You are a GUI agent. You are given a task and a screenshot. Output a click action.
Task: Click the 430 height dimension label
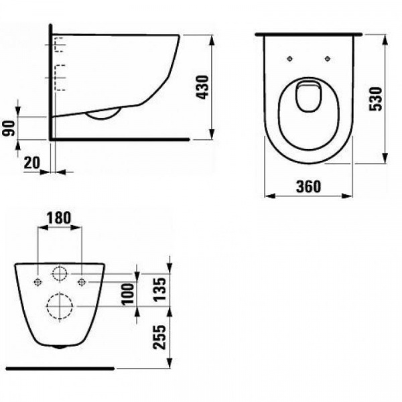point(202,87)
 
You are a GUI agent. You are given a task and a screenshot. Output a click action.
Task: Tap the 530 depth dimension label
point(376,99)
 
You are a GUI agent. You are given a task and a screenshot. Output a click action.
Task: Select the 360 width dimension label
point(308,186)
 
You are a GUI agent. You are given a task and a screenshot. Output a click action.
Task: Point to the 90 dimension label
point(9,129)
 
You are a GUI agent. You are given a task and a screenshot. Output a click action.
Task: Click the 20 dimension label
point(32,163)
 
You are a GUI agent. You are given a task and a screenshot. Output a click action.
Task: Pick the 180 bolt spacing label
point(59,218)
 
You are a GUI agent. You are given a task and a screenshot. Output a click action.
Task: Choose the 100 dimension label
point(128,294)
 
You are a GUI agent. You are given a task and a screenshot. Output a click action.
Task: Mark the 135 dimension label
point(159,289)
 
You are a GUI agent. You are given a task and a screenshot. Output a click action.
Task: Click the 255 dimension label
point(159,337)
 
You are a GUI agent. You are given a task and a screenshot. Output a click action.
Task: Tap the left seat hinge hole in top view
point(289,59)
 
